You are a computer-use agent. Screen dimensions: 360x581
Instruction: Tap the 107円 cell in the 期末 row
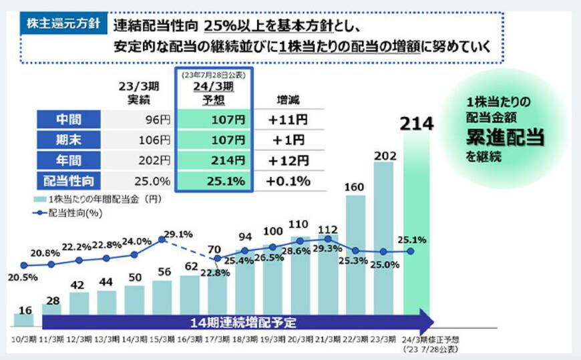point(214,140)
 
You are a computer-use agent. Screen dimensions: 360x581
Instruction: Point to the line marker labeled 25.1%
point(410,252)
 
